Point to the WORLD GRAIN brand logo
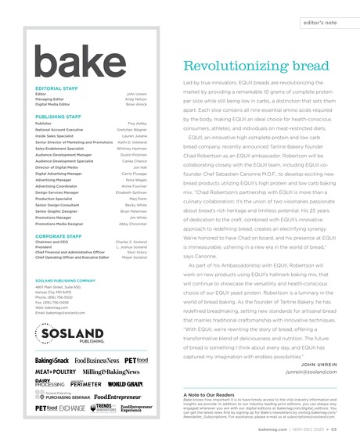(125, 384)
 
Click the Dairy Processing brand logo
(50, 383)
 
